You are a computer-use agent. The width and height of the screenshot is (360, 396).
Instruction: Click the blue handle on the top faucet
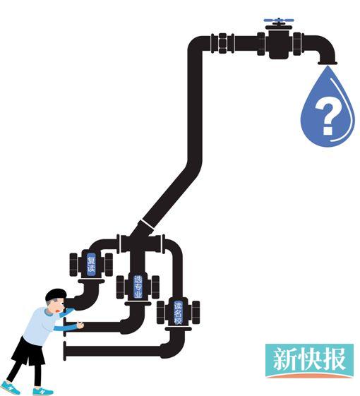(x=279, y=20)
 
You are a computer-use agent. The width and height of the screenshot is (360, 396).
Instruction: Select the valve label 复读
(x=91, y=264)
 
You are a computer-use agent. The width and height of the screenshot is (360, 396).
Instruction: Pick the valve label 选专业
(x=138, y=287)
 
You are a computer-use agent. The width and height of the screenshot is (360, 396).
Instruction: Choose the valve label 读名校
(x=178, y=313)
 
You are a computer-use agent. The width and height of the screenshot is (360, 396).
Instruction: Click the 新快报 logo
(x=309, y=361)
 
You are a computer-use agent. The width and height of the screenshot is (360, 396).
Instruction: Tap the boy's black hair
(x=56, y=294)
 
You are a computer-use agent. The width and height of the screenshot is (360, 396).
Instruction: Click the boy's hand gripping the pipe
(x=80, y=325)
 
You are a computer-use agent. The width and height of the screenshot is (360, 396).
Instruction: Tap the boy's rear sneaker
(x=10, y=388)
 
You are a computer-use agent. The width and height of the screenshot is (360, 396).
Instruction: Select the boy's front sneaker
(x=43, y=391)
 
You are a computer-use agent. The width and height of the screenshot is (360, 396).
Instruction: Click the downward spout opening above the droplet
(x=328, y=63)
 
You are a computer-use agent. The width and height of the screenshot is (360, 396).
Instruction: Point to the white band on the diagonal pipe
(x=147, y=224)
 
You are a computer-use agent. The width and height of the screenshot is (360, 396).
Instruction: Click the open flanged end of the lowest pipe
(x=65, y=351)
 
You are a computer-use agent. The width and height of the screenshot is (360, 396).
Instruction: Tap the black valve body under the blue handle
(x=279, y=43)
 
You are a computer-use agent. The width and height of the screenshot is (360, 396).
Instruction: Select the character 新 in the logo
(x=282, y=359)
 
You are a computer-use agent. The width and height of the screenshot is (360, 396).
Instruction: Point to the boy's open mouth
(x=59, y=311)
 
